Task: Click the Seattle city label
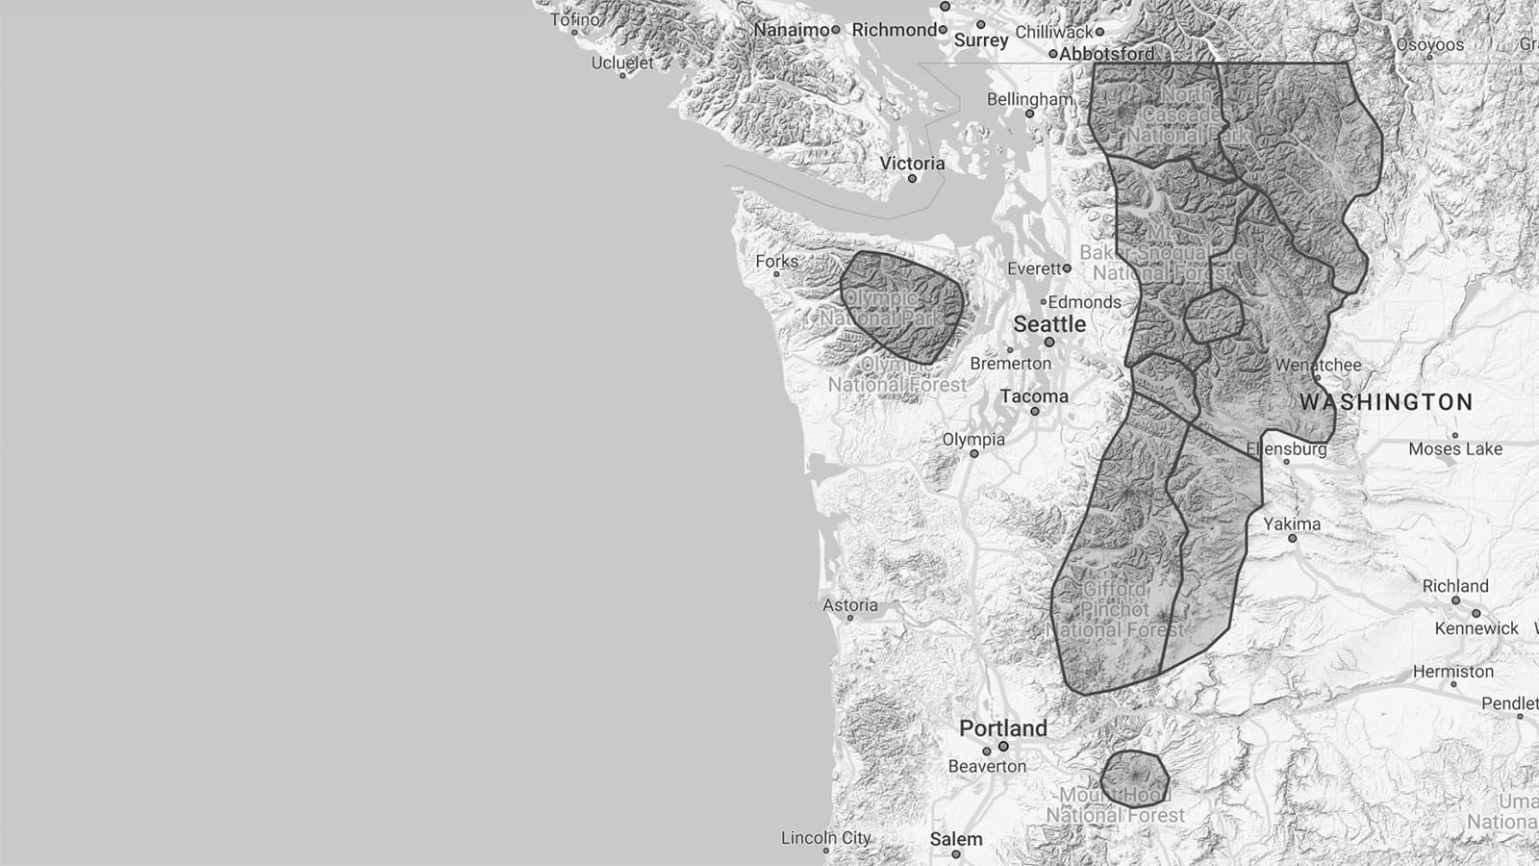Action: coord(1048,324)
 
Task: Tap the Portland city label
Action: coord(1002,728)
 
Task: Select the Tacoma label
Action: coord(1033,396)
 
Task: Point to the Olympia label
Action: coord(973,440)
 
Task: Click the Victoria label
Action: coord(912,164)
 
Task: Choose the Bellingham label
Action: coord(1029,99)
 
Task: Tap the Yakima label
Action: coord(1292,523)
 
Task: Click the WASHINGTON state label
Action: coord(1386,402)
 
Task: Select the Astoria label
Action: coord(850,605)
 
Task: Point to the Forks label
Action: coord(776,261)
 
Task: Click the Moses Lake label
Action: coord(1454,449)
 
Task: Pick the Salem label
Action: coord(956,839)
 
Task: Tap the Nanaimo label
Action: coord(791,30)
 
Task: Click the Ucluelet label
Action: coord(622,63)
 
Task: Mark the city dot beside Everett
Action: coord(1066,268)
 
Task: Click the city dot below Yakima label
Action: coord(1292,539)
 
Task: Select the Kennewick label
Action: coord(1476,628)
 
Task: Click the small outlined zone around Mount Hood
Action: coord(1135,777)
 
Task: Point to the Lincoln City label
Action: coord(825,838)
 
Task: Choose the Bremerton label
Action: coord(1010,364)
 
